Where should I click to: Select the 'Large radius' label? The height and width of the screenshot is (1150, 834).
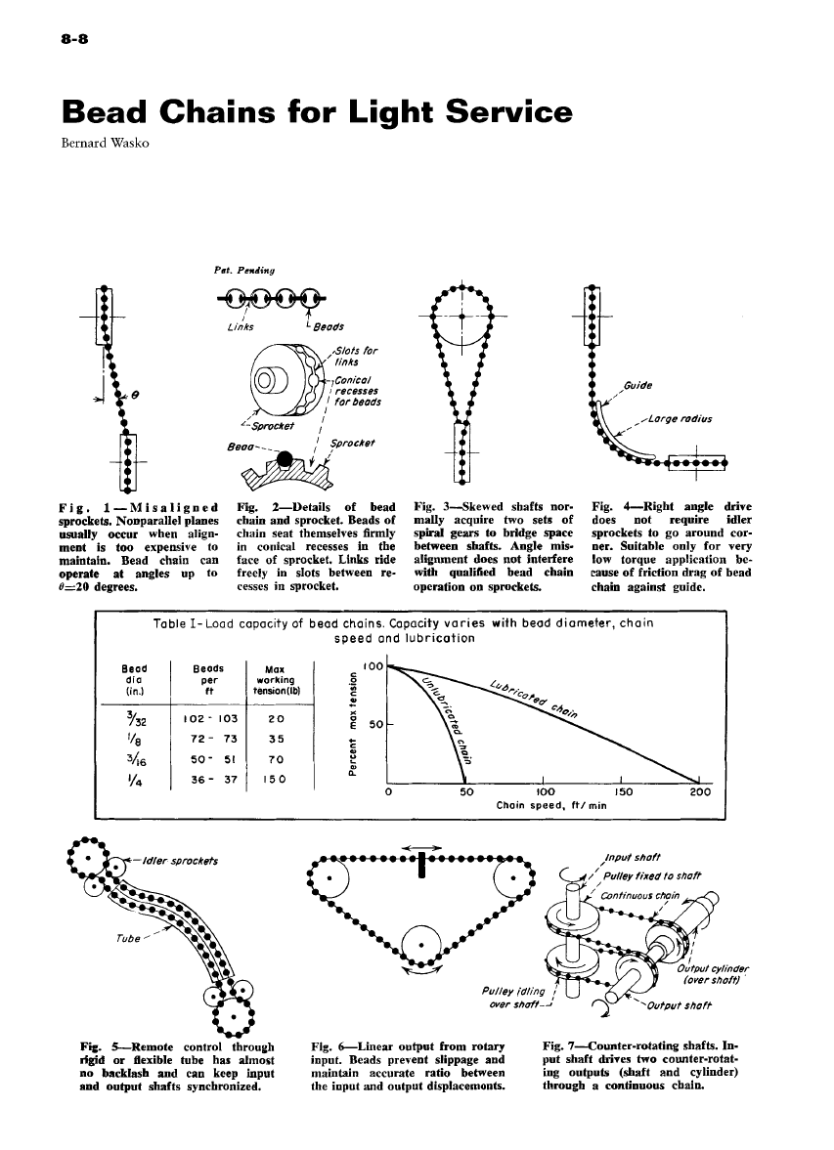679,421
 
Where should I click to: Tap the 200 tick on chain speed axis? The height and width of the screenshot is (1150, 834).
699,792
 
